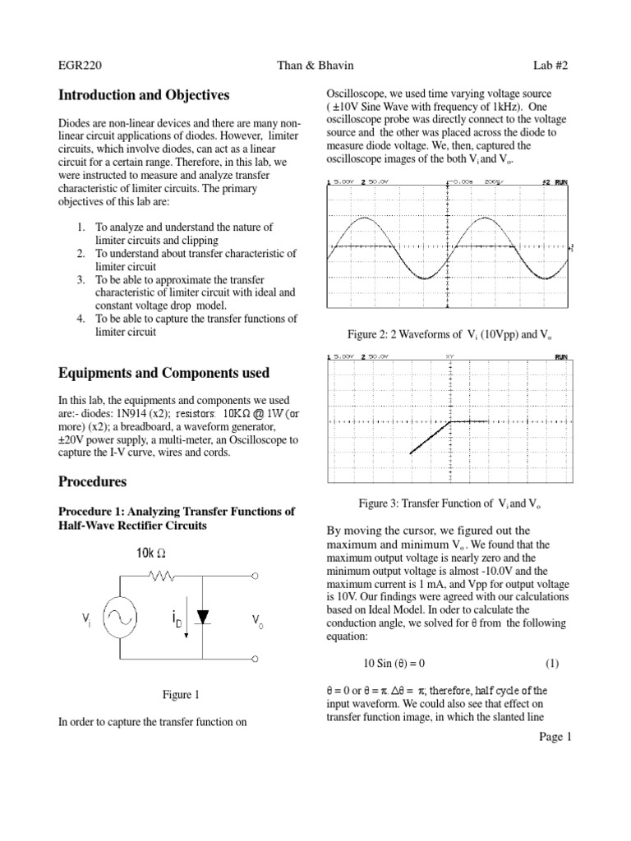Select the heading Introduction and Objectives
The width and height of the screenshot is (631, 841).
(144, 95)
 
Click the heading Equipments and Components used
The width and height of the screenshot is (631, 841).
(164, 373)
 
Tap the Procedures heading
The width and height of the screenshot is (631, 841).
(92, 480)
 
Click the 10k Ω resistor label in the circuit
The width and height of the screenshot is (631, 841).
(151, 553)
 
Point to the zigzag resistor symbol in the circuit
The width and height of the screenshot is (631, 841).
(160, 578)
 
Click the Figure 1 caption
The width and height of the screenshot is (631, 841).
(181, 695)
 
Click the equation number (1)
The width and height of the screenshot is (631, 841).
(553, 663)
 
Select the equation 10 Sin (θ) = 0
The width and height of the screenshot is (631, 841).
(399, 663)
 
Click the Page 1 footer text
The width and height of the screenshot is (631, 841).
(555, 737)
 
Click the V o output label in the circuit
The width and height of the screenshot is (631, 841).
(258, 623)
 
